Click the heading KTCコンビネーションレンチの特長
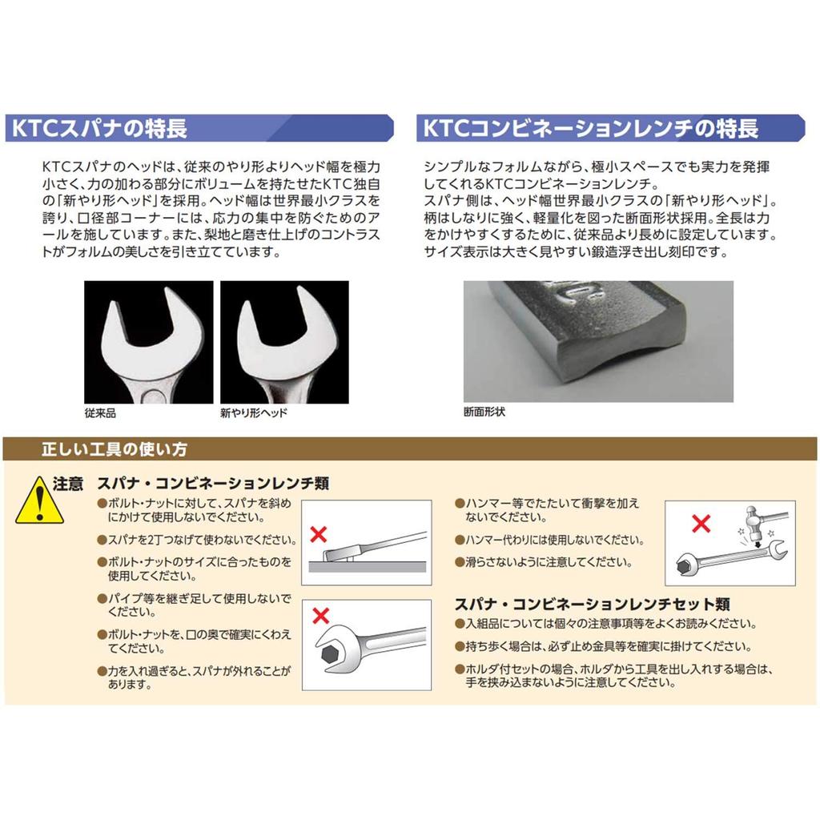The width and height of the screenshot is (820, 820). point(589,128)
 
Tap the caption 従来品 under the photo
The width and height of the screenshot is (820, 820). point(100,413)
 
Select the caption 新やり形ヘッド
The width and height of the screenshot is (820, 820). point(253,413)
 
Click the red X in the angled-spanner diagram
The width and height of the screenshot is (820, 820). point(319,533)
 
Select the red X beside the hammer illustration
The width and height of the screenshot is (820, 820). point(701,525)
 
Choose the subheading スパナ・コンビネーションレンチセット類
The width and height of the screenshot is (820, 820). point(592,605)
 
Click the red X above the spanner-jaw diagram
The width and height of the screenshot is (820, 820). point(320,615)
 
